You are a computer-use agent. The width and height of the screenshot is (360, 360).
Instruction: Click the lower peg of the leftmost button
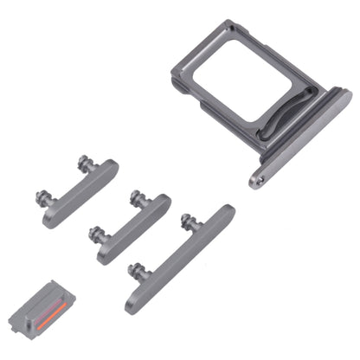tap(40, 197)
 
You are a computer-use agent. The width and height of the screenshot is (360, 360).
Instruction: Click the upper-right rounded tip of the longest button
tap(227, 211)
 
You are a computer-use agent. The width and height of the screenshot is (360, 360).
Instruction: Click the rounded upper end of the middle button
tap(168, 202)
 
